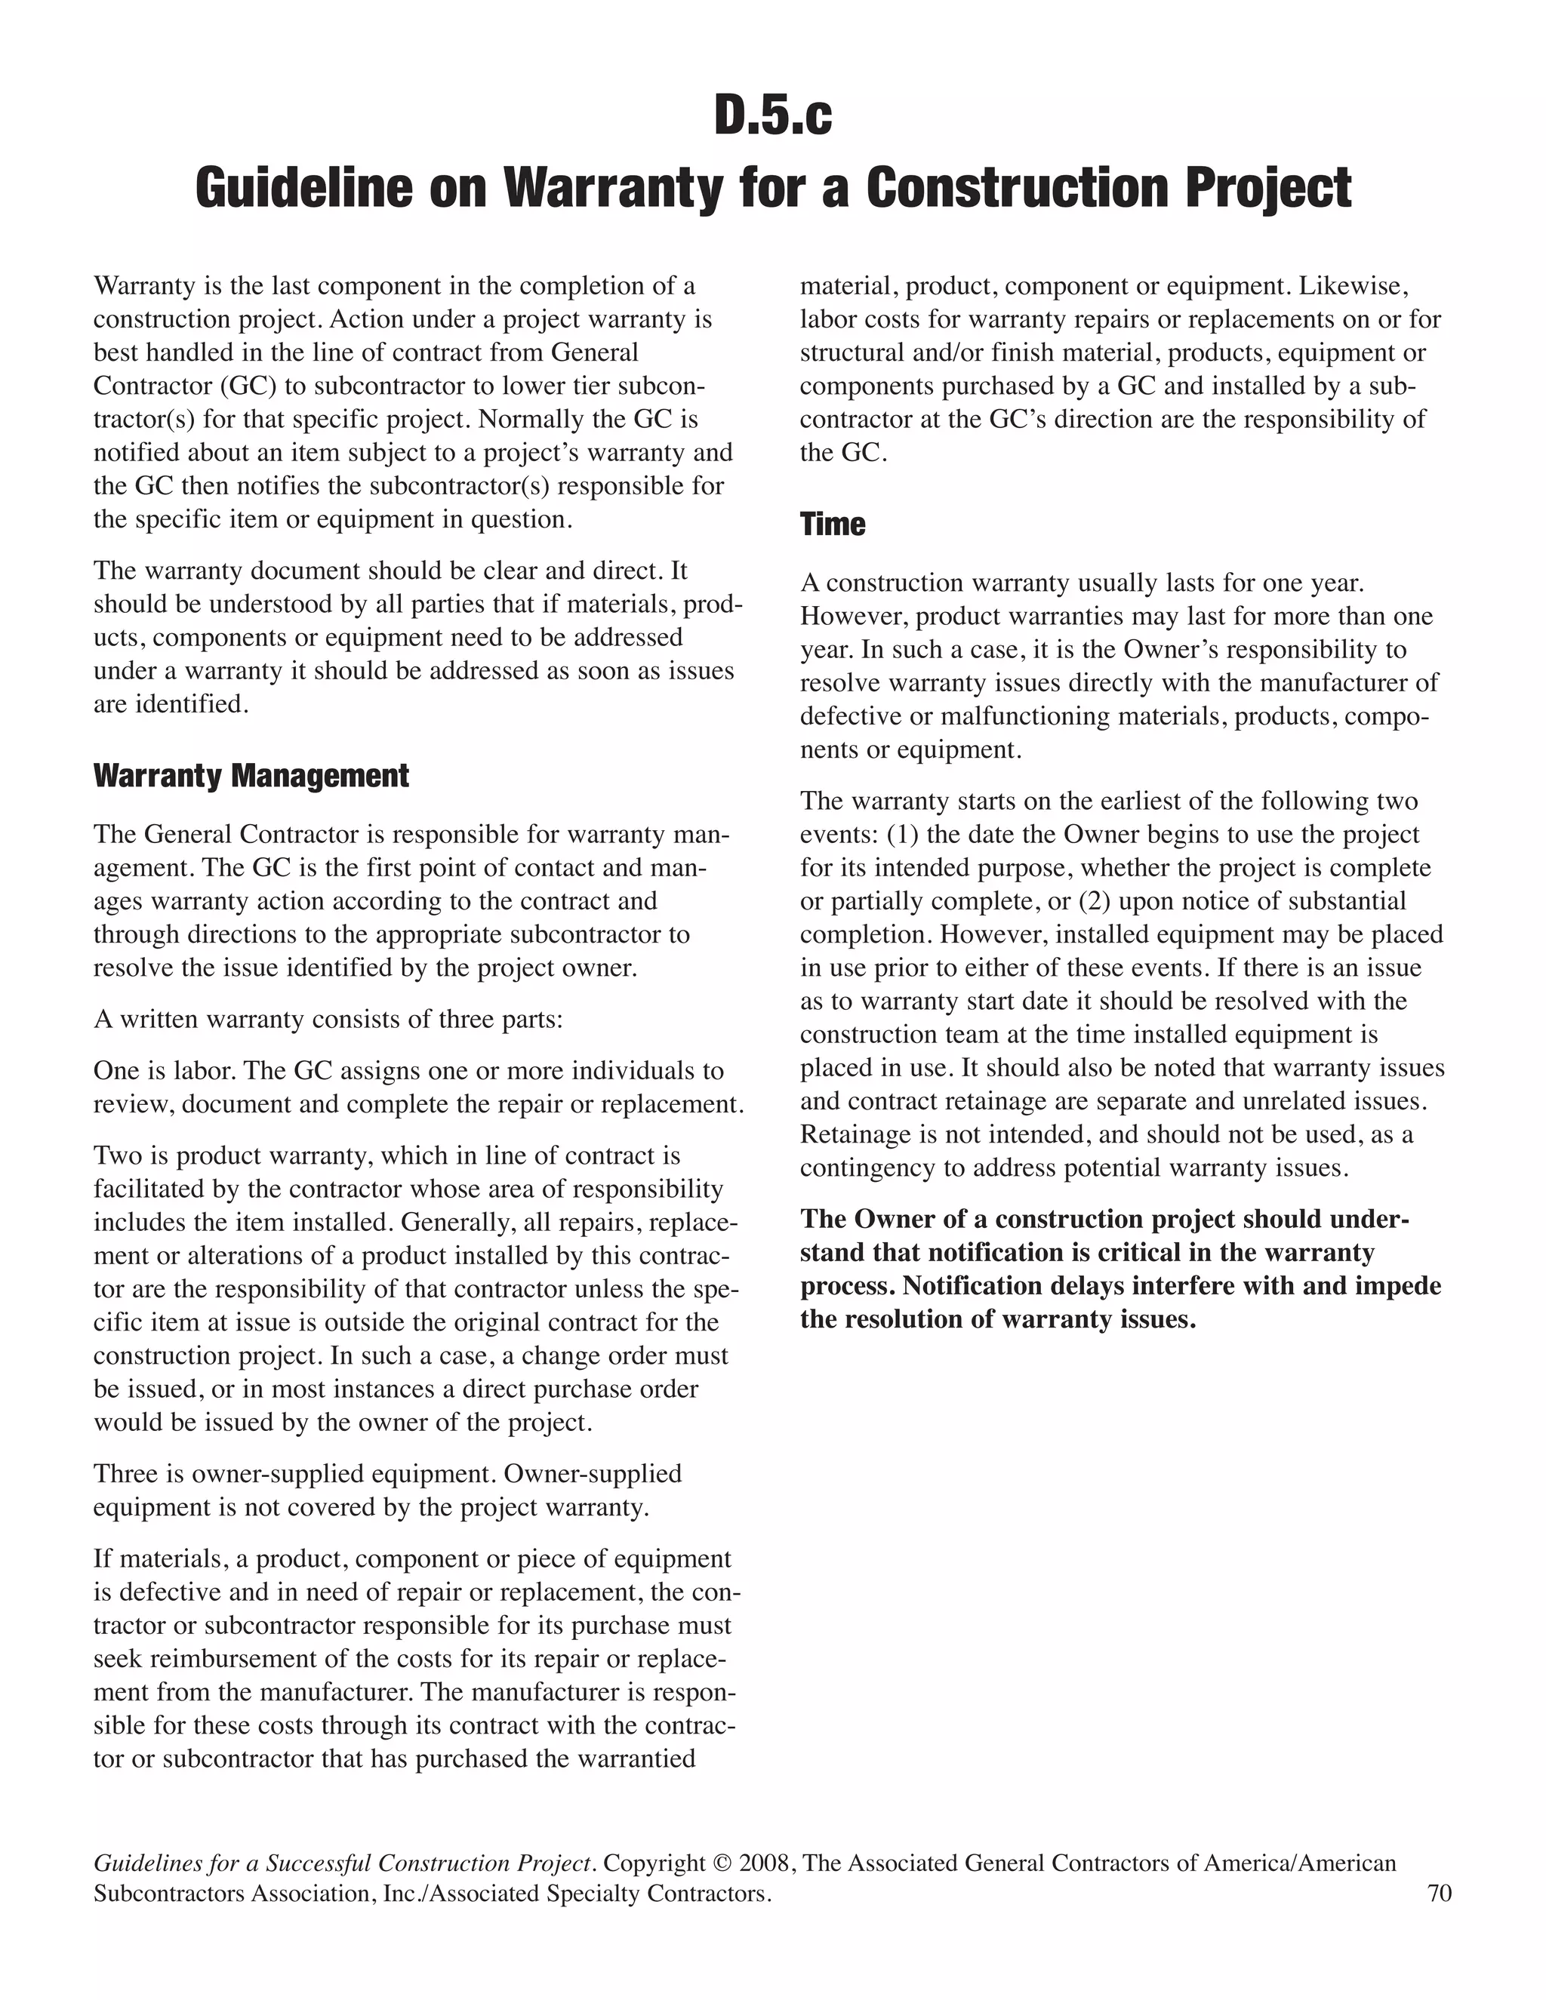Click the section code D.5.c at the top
[x=773, y=117]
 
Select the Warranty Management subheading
[x=251, y=776]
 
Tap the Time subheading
[x=832, y=524]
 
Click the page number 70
[x=1439, y=1893]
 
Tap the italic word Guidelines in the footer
[x=146, y=1863]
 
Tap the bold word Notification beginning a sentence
[x=972, y=1286]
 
